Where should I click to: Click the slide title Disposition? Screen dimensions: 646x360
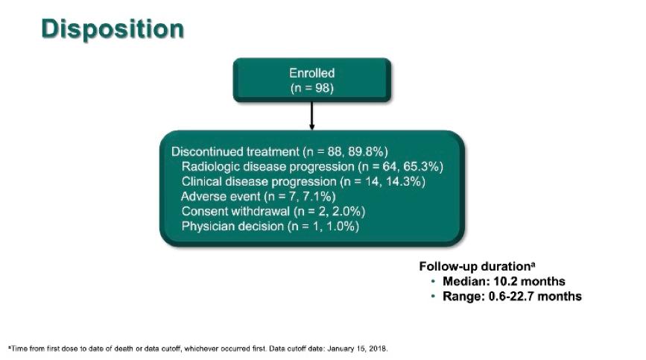tap(113, 29)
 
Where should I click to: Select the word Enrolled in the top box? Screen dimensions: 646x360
tap(312, 73)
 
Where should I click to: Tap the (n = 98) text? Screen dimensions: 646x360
tap(312, 88)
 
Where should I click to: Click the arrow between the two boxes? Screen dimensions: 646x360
tap(312, 116)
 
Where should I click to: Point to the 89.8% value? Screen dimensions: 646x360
tap(368, 151)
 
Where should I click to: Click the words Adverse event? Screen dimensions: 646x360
tap(221, 197)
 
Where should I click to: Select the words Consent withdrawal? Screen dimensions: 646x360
tap(235, 212)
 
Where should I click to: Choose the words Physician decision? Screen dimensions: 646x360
tap(232, 226)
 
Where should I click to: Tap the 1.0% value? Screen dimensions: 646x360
tap(343, 226)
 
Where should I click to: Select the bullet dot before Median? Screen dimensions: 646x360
tap(433, 281)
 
